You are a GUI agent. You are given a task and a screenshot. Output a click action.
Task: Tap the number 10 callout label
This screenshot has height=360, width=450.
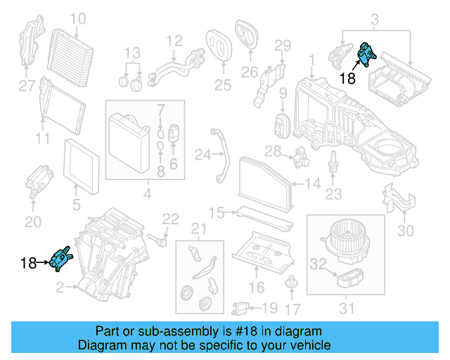click(x=77, y=19)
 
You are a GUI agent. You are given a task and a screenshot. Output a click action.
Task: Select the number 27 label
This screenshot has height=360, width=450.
click(x=26, y=86)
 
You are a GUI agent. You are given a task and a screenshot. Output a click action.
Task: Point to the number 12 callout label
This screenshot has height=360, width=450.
click(x=174, y=41)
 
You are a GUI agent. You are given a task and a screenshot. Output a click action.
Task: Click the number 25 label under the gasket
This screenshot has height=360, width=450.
click(x=222, y=86)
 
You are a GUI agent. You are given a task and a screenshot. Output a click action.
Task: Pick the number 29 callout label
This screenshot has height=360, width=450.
click(x=282, y=46)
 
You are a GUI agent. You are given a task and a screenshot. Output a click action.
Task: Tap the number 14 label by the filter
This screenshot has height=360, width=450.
click(x=313, y=185)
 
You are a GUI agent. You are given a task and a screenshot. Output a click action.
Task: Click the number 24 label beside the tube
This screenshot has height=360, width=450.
click(x=202, y=153)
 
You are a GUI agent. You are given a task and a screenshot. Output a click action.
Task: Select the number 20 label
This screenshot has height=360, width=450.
click(x=33, y=223)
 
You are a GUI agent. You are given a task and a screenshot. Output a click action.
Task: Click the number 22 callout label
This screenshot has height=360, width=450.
click(x=172, y=219)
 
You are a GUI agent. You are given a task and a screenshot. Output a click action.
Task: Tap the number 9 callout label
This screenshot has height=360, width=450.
click(x=283, y=93)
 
